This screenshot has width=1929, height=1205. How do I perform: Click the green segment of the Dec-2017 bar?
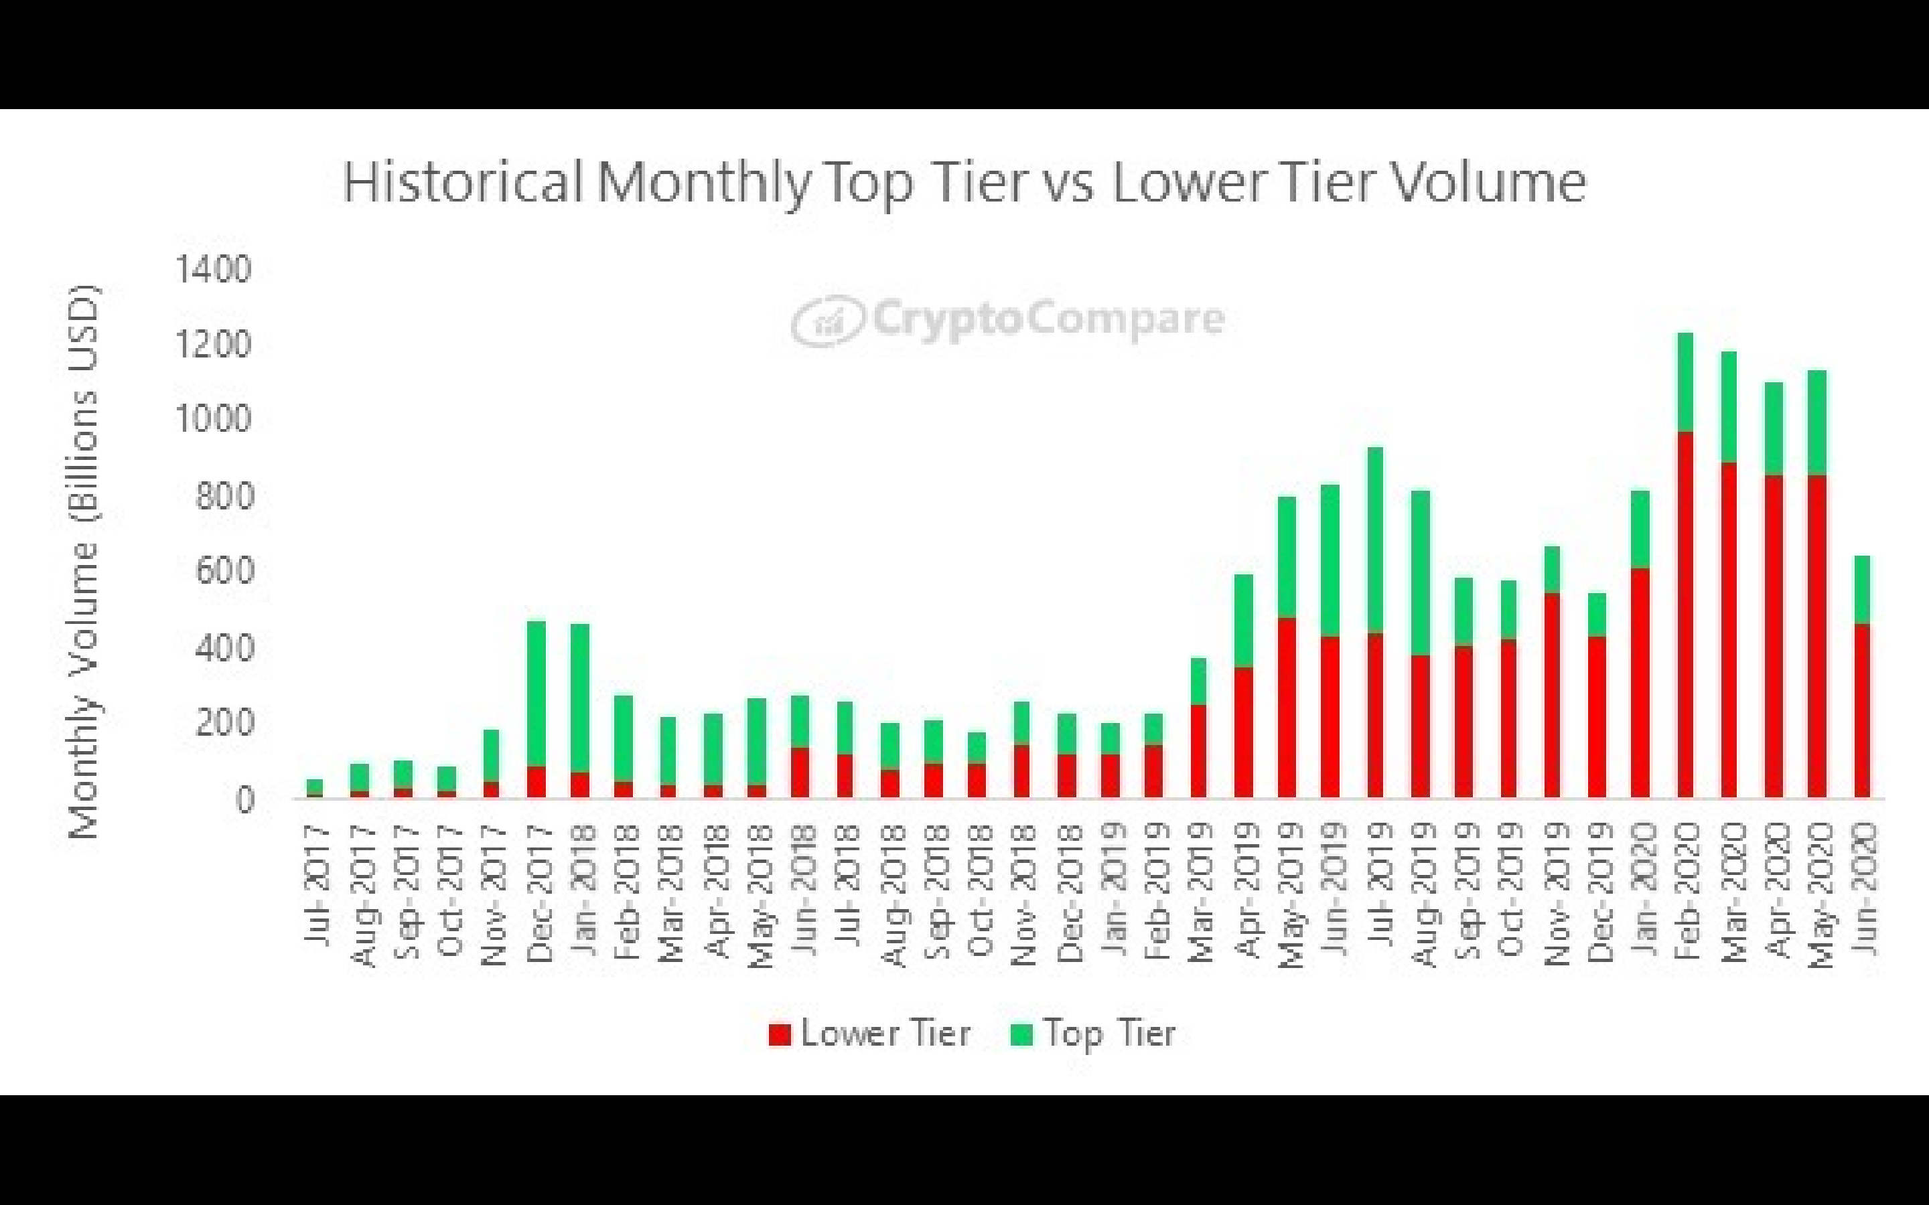click(x=537, y=694)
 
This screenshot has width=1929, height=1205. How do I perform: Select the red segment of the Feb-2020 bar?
click(x=1685, y=614)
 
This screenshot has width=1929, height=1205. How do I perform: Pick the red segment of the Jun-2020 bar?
click(x=1862, y=710)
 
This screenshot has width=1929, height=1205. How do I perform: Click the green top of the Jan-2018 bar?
click(x=580, y=698)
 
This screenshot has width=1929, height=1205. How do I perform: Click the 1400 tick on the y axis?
click(x=213, y=269)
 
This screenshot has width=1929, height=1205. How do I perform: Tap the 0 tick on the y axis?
click(x=244, y=799)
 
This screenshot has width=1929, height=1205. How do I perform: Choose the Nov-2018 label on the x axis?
click(x=1023, y=894)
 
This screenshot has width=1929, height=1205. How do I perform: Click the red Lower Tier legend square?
click(x=780, y=1034)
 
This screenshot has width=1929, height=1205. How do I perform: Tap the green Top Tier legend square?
click(x=1021, y=1034)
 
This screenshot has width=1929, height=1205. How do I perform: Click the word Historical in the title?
click(x=462, y=181)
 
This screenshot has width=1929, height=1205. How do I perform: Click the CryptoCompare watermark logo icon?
click(x=827, y=321)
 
